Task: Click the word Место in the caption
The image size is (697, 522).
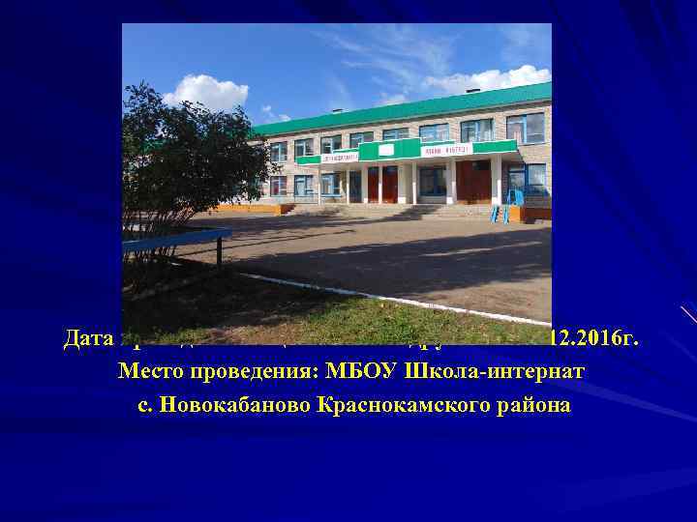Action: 147,372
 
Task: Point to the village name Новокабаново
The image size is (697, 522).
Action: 229,405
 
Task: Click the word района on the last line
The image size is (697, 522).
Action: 530,405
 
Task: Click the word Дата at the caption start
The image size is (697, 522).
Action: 89,339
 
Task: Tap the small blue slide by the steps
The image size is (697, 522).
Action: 505,205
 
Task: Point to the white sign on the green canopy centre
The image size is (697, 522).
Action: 385,151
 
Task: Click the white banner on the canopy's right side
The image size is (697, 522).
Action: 444,149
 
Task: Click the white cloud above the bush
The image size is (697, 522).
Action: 206,93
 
